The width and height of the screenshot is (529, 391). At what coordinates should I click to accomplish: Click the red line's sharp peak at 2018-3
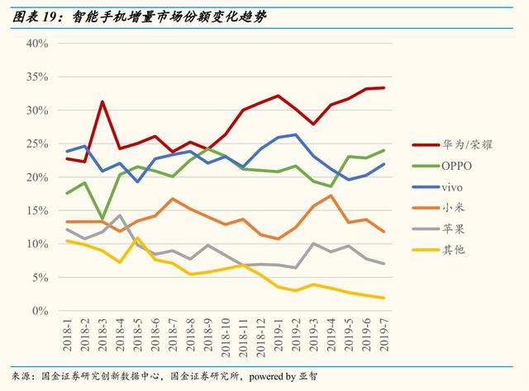[102, 102]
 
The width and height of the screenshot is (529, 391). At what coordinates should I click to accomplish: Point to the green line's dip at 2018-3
[102, 219]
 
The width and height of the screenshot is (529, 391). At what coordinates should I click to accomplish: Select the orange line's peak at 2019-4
[331, 195]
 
